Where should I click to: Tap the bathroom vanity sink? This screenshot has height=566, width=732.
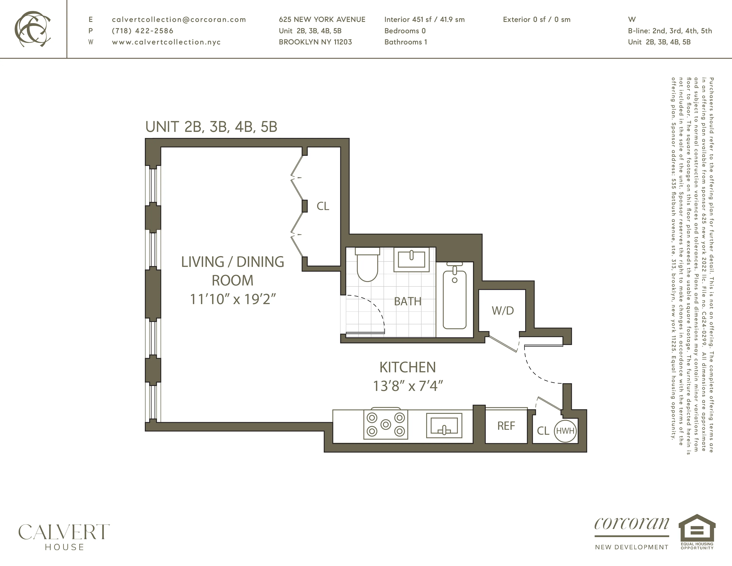coord(411,259)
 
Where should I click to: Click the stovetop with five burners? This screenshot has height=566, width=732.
coord(386,425)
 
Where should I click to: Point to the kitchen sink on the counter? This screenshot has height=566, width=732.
coord(444,425)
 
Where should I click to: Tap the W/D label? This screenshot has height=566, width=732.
coord(503,311)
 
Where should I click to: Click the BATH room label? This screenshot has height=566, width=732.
coord(408,301)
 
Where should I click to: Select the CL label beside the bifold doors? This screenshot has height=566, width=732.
coord(323,206)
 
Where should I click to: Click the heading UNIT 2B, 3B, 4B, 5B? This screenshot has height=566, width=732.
coord(211,127)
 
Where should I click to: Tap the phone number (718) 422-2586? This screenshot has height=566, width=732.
coord(142,31)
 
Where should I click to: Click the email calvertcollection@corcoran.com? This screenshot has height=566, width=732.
coord(179,19)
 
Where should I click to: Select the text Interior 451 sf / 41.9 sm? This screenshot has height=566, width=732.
coord(424,19)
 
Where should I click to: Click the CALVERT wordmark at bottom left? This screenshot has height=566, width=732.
coord(64,532)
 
